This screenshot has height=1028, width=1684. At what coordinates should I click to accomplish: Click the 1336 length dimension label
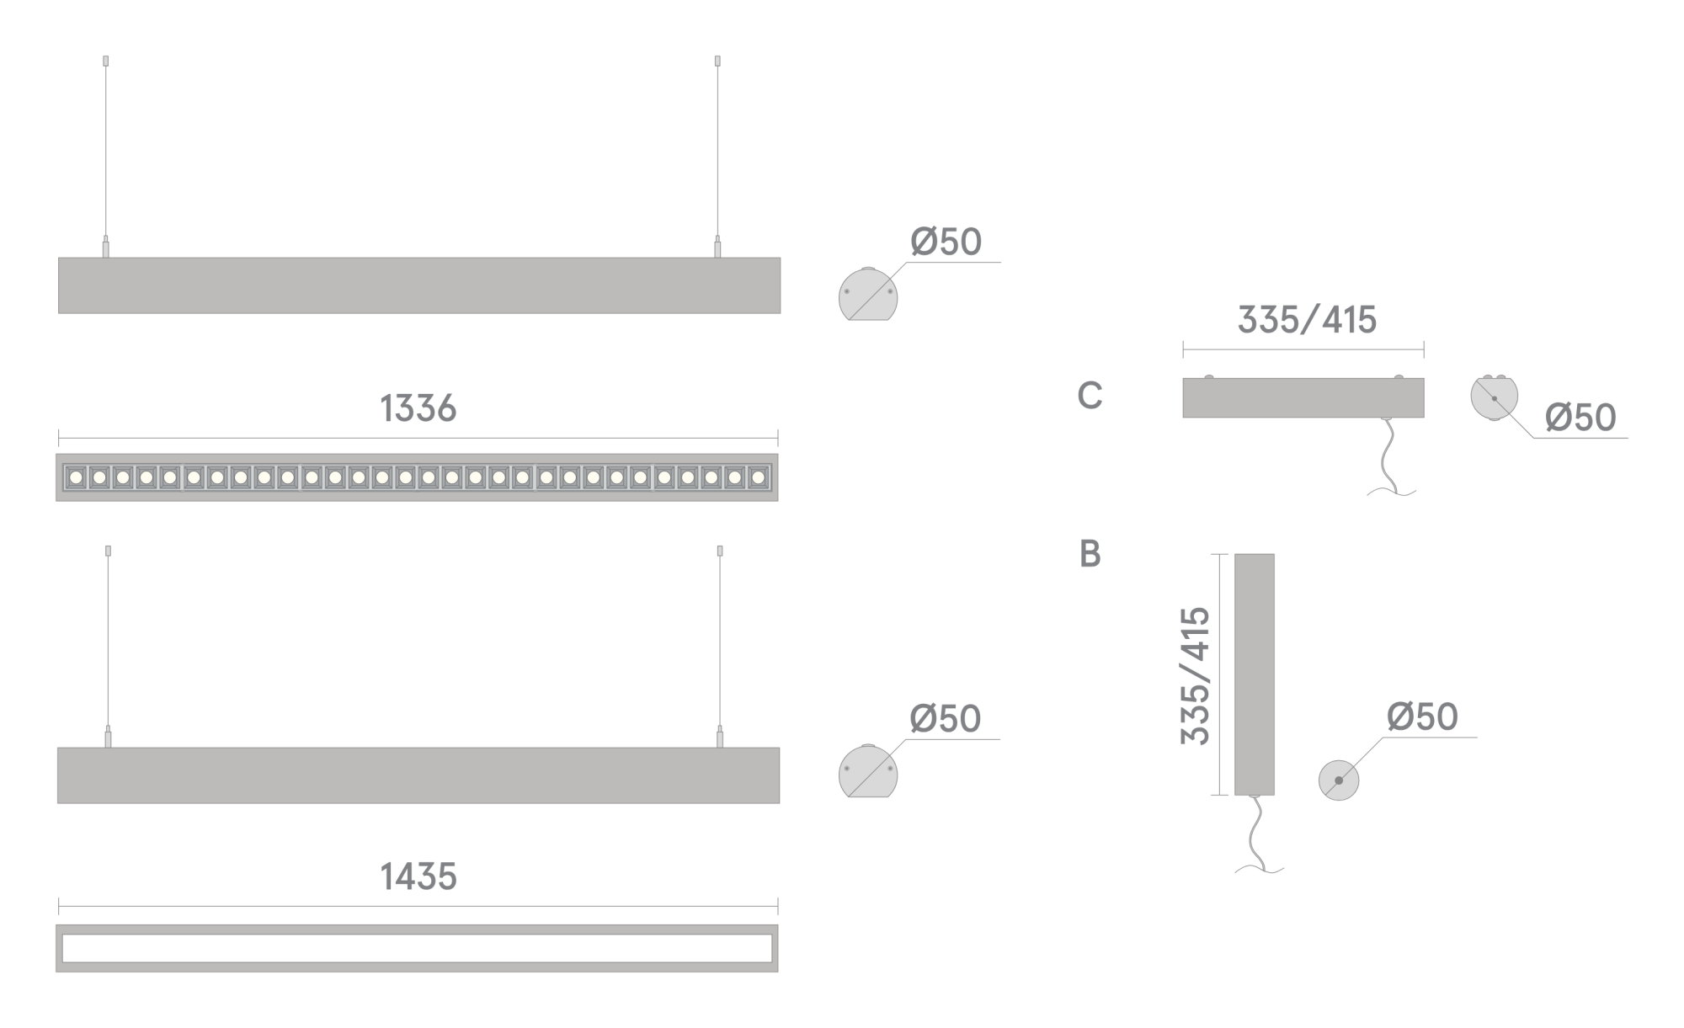pyautogui.click(x=418, y=408)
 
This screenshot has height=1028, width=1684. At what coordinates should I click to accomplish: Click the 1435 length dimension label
pyautogui.click(x=418, y=876)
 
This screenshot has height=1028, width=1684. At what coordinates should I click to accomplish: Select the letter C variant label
pyautogui.click(x=1090, y=396)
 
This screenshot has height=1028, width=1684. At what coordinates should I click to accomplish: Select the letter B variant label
pyautogui.click(x=1090, y=554)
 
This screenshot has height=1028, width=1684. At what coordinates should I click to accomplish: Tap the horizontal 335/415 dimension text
pyautogui.click(x=1307, y=320)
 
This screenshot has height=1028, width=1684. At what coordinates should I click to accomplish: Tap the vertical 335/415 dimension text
pyautogui.click(x=1196, y=675)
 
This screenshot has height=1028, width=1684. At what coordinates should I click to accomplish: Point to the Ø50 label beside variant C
pyautogui.click(x=1580, y=418)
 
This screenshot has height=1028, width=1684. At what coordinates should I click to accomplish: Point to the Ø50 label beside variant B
pyautogui.click(x=1422, y=717)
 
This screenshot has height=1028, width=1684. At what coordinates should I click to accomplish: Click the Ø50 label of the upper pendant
pyautogui.click(x=946, y=242)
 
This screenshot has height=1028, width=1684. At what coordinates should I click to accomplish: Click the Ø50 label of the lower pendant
pyautogui.click(x=946, y=720)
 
